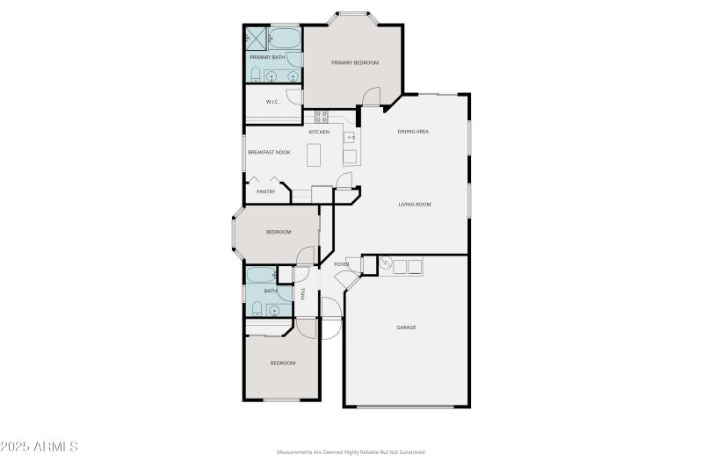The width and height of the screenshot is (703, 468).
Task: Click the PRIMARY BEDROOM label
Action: [354, 63]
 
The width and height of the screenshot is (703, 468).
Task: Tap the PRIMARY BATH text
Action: [267, 57]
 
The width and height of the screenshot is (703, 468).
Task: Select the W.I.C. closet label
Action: [272, 101]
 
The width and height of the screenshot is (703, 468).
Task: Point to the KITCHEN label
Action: [319, 132]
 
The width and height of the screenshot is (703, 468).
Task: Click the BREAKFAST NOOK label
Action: [269, 152]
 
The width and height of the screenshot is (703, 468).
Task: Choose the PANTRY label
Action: [265, 191]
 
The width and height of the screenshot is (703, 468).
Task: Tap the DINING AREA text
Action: [413, 132]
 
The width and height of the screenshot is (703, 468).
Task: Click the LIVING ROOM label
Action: [414, 205]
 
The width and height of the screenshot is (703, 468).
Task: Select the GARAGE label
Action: [406, 328]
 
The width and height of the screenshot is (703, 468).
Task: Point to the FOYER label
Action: [341, 264]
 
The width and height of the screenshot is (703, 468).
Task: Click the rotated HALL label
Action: [302, 293]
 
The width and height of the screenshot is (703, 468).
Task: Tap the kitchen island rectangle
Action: [315, 155]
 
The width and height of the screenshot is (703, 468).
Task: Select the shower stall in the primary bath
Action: [256, 38]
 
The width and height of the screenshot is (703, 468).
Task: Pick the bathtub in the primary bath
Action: [284, 39]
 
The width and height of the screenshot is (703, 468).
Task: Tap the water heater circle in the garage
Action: [385, 263]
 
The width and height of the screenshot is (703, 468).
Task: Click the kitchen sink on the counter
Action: [349, 137]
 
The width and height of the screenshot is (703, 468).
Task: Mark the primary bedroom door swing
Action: [372, 97]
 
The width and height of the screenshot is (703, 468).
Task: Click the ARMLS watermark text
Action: [40, 447]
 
